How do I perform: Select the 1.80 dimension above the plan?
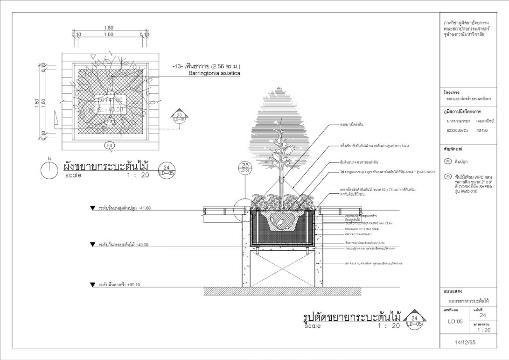[x=109, y=28]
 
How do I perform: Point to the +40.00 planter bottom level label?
[x=124, y=244]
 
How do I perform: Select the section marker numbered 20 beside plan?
[x=179, y=116]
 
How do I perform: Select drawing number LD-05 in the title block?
[x=455, y=321]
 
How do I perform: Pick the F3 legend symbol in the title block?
[x=448, y=177]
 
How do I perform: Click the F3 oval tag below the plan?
[x=110, y=146]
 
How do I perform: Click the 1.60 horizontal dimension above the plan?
[x=109, y=35]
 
